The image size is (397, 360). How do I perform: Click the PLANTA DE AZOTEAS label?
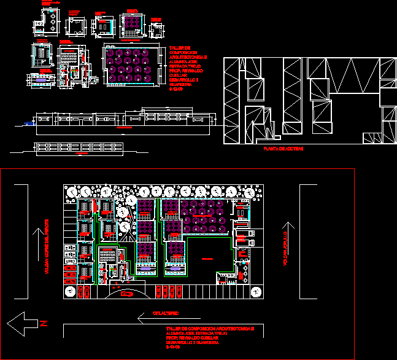282,149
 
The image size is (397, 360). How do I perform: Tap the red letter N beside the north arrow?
42,323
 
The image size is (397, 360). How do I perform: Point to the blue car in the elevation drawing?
28,123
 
